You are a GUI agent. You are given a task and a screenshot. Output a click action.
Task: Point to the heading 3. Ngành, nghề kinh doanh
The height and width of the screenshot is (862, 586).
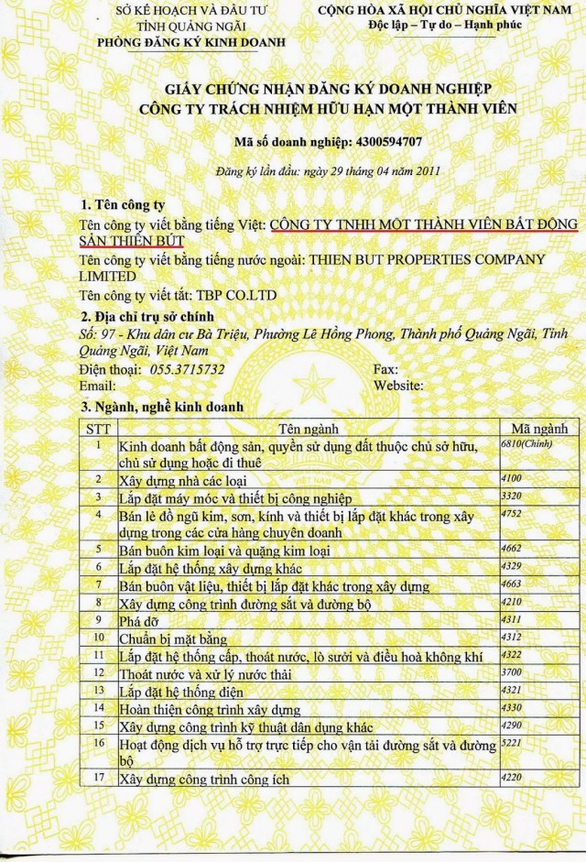click(158, 406)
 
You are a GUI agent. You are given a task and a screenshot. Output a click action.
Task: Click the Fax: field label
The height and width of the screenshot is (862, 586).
click(386, 369)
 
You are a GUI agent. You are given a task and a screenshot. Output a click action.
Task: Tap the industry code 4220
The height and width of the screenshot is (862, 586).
click(511, 778)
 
